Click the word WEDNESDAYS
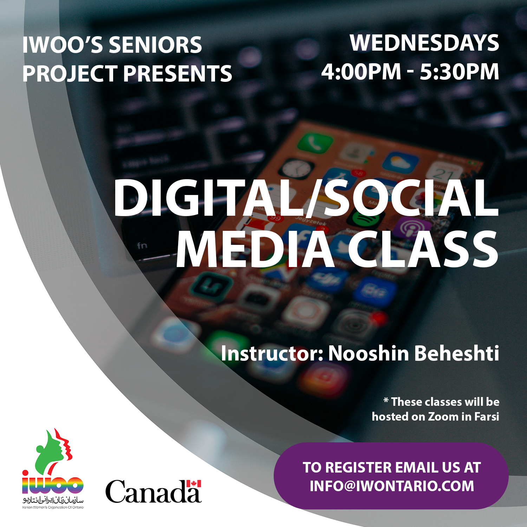424,43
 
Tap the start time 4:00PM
361,72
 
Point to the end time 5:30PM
460,72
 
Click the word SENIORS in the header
155,45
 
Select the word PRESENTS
178,74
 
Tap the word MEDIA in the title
255,249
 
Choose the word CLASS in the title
423,249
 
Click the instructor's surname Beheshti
457,353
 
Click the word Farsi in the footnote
487,417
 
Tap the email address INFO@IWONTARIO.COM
392,486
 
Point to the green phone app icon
315,142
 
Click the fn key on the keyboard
142,245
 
